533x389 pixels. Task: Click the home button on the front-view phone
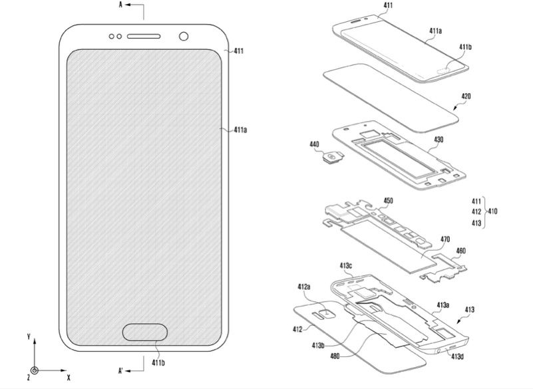[x=145, y=332]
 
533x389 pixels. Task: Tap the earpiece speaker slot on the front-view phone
[x=144, y=36]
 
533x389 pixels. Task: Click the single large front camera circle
[x=184, y=36]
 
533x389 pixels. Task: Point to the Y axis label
[x=29, y=336]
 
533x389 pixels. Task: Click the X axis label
[x=69, y=377]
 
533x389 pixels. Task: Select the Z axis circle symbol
[x=34, y=370]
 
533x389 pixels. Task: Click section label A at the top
[x=120, y=5]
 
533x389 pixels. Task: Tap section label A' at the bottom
[x=120, y=370]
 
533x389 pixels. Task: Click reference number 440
[x=315, y=144]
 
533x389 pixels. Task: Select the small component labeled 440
[x=333, y=158]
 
